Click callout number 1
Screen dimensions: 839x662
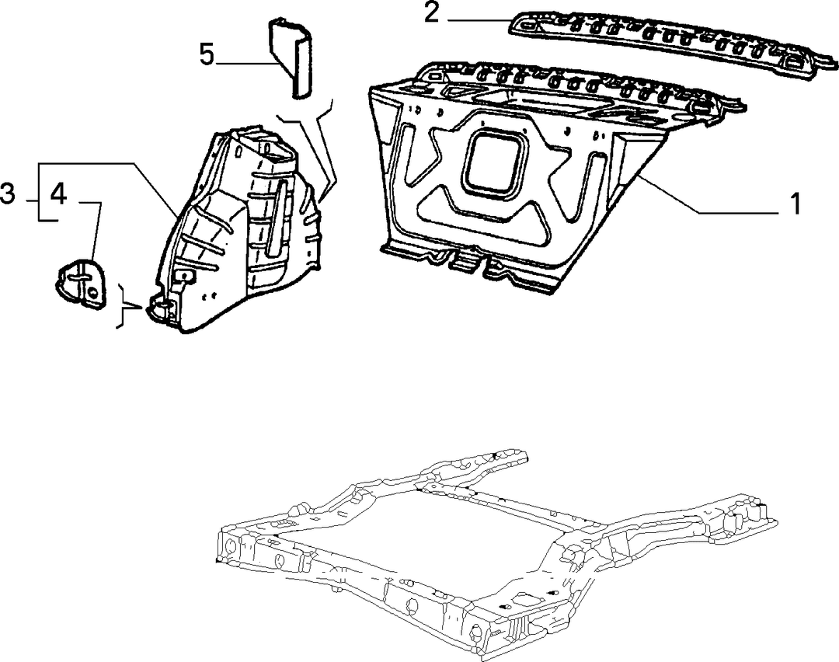[x=795, y=204]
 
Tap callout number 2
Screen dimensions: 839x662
[x=431, y=13]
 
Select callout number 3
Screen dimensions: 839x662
[x=8, y=193]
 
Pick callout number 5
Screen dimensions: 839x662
[x=207, y=54]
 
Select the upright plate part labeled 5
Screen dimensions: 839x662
[x=291, y=57]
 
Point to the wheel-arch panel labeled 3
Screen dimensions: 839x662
[x=235, y=230]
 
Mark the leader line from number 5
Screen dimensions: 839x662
[x=246, y=64]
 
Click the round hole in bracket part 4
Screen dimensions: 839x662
[x=92, y=292]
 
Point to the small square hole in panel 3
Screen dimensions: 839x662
[x=185, y=277]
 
